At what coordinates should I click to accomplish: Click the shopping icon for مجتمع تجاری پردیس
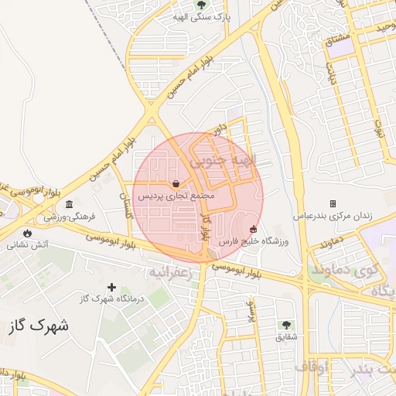coord(177,183)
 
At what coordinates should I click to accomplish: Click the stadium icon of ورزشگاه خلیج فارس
coord(254,229)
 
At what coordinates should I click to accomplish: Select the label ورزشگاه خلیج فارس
coord(254,242)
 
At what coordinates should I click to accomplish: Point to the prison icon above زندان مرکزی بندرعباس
coord(333,203)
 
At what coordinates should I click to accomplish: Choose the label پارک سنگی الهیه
coord(201,16)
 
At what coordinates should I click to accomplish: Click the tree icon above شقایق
coord(287,325)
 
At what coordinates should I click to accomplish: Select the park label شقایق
coord(285,338)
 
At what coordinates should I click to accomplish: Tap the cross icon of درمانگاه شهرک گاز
coord(112,287)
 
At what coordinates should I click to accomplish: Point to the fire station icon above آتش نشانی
coord(28,232)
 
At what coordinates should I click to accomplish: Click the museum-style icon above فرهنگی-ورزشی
coord(70,204)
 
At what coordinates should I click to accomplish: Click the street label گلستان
coord(121,207)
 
